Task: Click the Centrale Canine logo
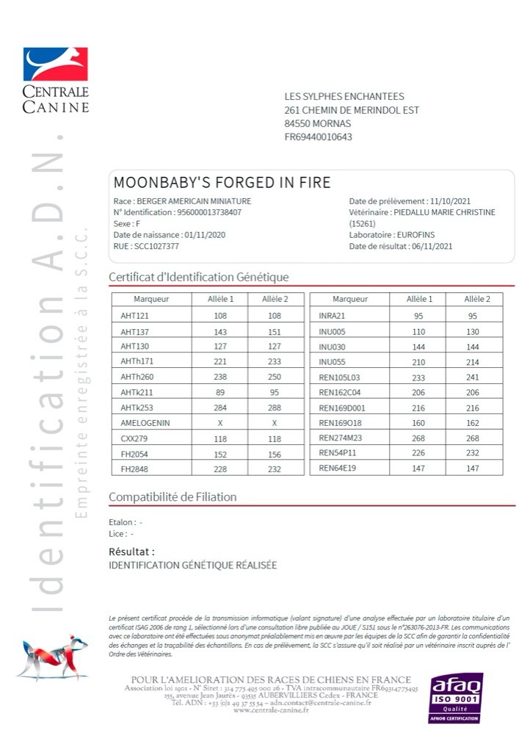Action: tap(55, 80)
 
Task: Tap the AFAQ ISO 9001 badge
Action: tap(456, 697)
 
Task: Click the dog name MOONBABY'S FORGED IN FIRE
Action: tap(222, 183)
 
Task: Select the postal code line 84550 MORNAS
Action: tap(317, 123)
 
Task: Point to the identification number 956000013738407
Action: tap(209, 212)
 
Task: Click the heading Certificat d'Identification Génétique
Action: tap(198, 277)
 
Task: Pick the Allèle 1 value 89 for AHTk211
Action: tap(220, 392)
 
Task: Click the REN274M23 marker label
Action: tap(341, 438)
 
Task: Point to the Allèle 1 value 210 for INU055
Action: tap(419, 362)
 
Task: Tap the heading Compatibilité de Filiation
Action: tap(173, 497)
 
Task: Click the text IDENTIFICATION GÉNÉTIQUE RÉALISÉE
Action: tap(192, 565)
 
